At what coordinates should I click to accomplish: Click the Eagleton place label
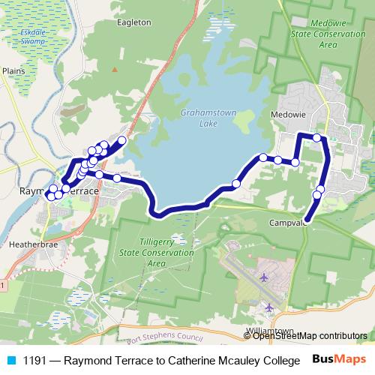134,22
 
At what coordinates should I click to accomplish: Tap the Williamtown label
268,330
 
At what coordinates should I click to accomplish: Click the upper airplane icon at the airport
263,277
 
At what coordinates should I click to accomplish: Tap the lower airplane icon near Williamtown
268,307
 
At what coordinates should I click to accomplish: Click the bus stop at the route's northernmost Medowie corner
317,137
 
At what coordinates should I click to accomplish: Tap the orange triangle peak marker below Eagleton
115,69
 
